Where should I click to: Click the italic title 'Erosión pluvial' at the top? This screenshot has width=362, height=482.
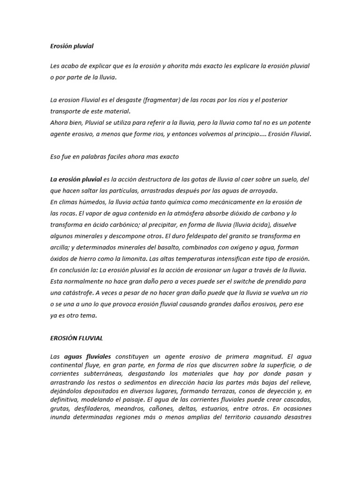[x=72, y=46]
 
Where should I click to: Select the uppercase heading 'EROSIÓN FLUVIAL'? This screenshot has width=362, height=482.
[x=76, y=338]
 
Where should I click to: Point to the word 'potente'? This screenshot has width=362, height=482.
[x=298, y=123]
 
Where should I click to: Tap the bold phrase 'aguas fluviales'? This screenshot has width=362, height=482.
[x=87, y=357]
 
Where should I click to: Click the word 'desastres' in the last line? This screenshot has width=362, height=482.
[x=296, y=417]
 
